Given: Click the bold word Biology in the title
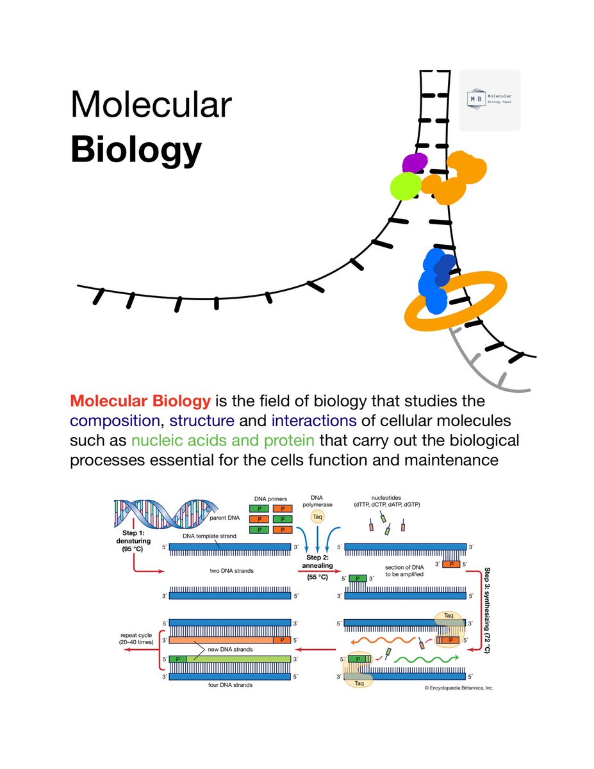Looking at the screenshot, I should pyautogui.click(x=136, y=151).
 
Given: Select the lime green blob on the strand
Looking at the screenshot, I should pyautogui.click(x=405, y=186).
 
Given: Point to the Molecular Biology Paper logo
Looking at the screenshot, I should pyautogui.click(x=490, y=101).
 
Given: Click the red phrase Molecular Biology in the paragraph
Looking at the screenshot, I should pyautogui.click(x=140, y=402).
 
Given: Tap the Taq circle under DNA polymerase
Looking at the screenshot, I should pyautogui.click(x=318, y=516).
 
